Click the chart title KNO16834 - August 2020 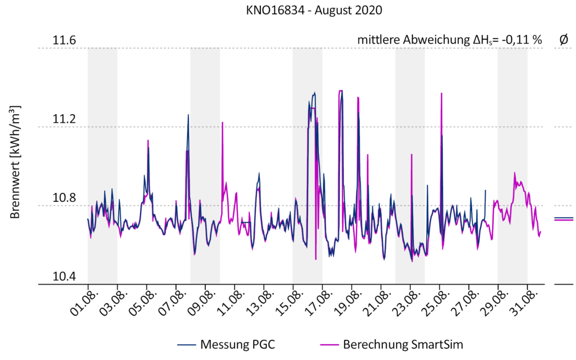(x=288, y=11)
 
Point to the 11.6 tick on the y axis (x=64, y=41)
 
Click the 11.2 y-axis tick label (x=64, y=119)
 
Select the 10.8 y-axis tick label (x=64, y=198)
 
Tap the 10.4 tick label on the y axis (x=64, y=277)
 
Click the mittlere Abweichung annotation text (x=449, y=40)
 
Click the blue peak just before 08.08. (x=188, y=115)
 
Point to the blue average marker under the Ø (x=563, y=217)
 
